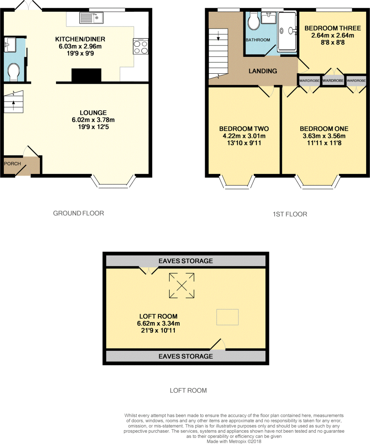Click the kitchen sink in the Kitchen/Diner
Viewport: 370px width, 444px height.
[x=91, y=18]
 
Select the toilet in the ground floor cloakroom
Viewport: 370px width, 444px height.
[x=14, y=72]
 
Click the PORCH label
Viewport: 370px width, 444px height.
[x=13, y=163]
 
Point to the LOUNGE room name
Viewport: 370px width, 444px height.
[x=90, y=113]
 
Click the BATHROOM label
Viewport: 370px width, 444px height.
[x=258, y=40]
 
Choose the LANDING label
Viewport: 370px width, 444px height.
[x=262, y=71]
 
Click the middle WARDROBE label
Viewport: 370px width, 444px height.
[x=333, y=81]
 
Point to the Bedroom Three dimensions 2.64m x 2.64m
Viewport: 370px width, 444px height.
[x=332, y=36]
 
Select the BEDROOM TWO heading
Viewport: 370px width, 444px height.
[x=244, y=129]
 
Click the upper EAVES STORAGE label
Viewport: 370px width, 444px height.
[x=186, y=261]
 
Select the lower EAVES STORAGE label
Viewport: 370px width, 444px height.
[x=186, y=356]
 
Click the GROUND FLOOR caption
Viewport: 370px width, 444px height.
[x=79, y=213]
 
